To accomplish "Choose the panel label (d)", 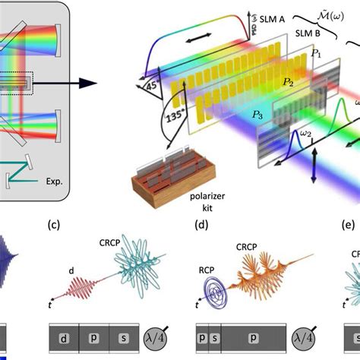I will [202, 224].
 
